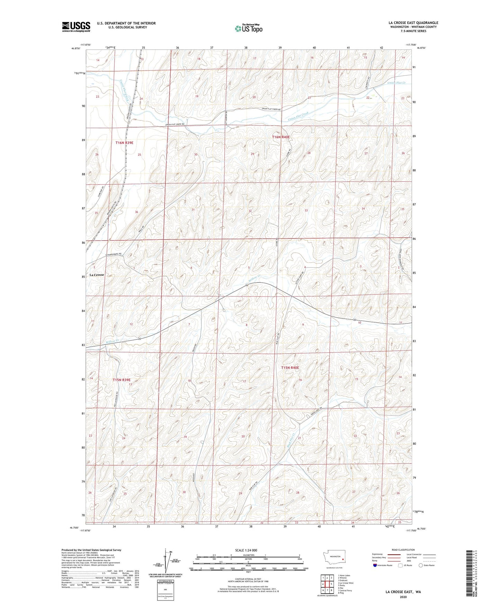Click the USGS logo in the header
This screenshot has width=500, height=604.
coord(76,26)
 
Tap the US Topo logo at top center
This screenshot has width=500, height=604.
coord(248,28)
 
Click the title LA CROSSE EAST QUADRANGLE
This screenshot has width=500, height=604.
coord(413,23)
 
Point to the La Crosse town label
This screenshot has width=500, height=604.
coord(97,275)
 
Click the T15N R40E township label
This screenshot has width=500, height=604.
coord(290,368)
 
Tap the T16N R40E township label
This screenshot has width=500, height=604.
coord(281,137)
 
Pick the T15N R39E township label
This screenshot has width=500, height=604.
coord(122,380)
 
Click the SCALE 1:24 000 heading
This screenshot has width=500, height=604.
coord(246,550)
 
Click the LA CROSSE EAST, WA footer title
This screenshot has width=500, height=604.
coord(403,592)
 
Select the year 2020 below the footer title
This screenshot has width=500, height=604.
coord(403,597)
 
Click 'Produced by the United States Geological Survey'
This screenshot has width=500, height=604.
coord(91,550)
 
